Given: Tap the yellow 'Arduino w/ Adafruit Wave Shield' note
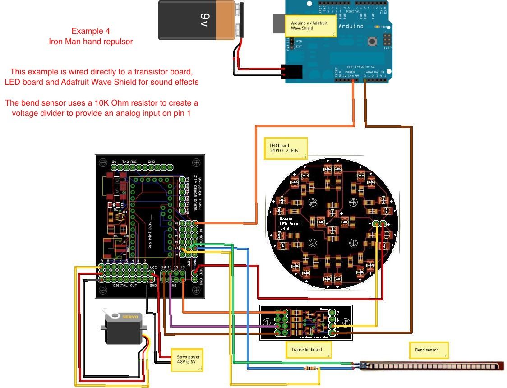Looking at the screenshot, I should (x=312, y=25).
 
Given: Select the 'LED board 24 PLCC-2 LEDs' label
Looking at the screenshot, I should (x=285, y=148).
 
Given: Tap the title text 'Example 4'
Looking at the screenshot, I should (x=90, y=31).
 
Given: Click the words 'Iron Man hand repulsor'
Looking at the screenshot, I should (x=91, y=42).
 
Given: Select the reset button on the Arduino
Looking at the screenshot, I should (x=373, y=42).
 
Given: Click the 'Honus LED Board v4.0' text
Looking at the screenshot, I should (x=290, y=223).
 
